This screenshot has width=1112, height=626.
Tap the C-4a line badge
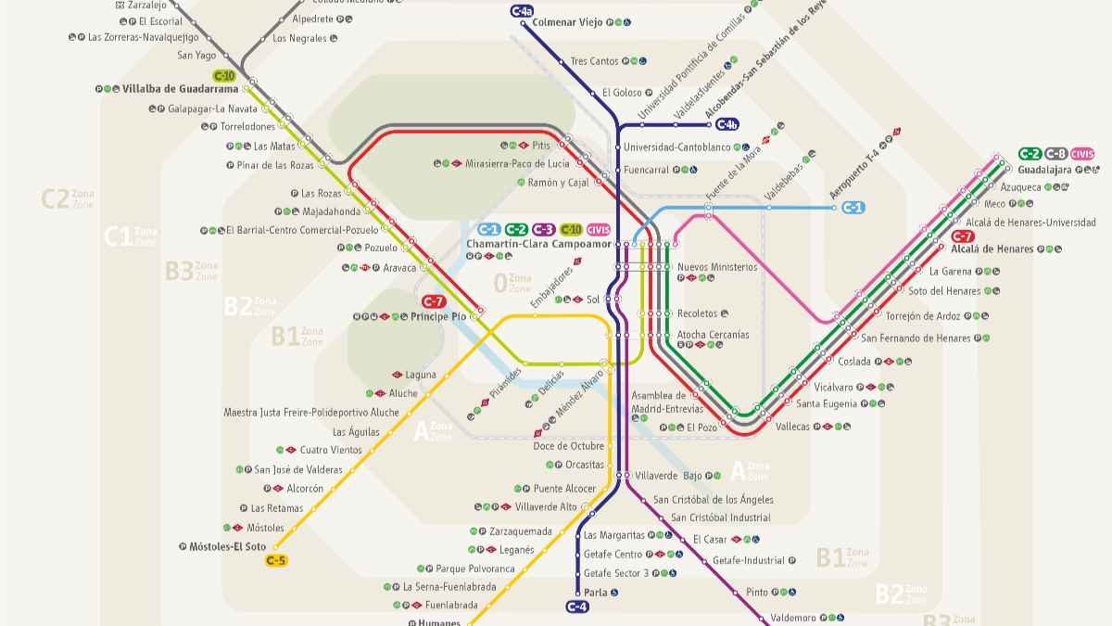pos(522,11)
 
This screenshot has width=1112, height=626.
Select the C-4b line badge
pos(727,124)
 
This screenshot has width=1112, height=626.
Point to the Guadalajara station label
pos(1043,170)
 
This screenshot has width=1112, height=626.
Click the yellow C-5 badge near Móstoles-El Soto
pos(276,560)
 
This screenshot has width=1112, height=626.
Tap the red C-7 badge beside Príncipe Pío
pos(434,301)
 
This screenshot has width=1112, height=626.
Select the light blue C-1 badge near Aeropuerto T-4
pos(853,208)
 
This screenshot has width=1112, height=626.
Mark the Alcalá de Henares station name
pos(992,249)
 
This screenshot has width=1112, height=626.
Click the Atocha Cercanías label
pos(713,334)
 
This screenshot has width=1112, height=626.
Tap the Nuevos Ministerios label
pos(717,267)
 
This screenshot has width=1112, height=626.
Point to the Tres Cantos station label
pos(594,61)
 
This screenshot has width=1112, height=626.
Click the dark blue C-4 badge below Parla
pos(576,607)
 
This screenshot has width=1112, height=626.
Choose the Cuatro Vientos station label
pos(331,450)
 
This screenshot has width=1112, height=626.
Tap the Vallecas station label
pos(792,427)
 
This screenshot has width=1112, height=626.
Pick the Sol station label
pos(593,300)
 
